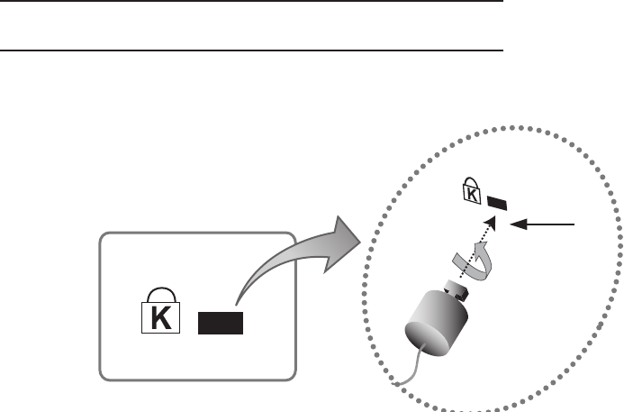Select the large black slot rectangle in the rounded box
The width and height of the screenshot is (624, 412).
(221, 321)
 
